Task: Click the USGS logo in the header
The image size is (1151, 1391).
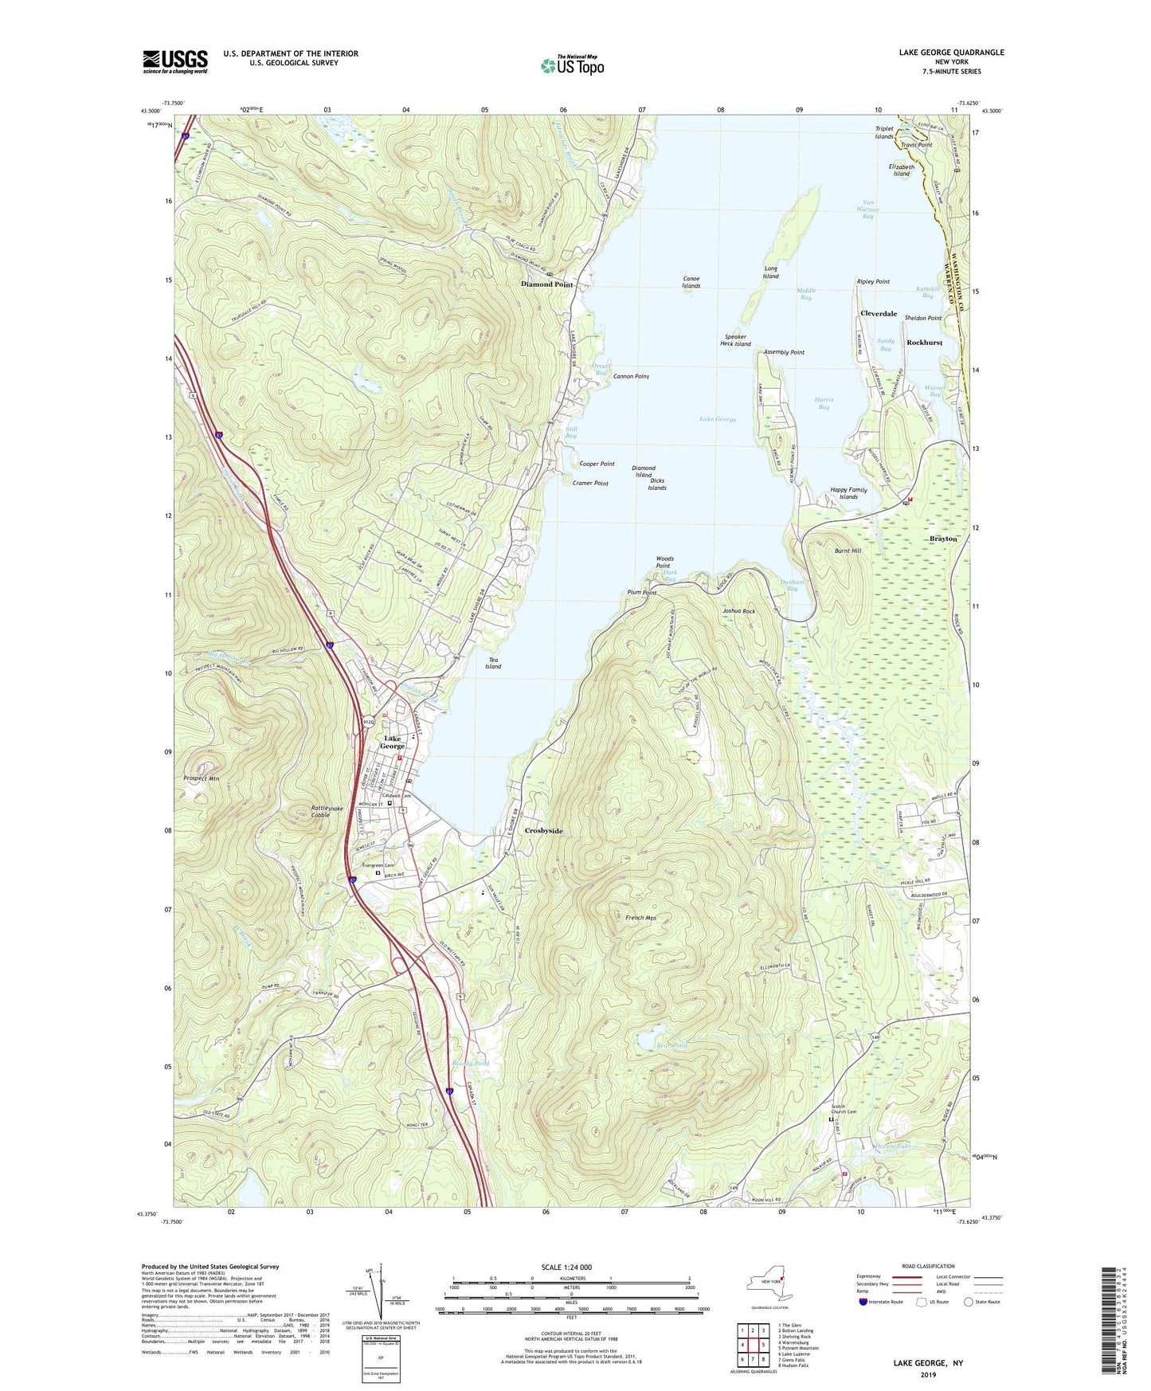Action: pyautogui.click(x=175, y=61)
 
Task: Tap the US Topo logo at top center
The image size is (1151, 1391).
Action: pyautogui.click(x=571, y=65)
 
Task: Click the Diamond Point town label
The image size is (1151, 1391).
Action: pyautogui.click(x=546, y=284)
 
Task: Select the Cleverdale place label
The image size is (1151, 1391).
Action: pyautogui.click(x=879, y=314)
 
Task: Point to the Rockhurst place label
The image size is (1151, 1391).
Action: pyautogui.click(x=924, y=343)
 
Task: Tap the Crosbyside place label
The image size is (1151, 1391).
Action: pyautogui.click(x=543, y=831)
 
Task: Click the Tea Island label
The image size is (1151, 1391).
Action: pyautogui.click(x=493, y=663)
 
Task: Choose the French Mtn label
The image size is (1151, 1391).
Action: pyautogui.click(x=640, y=918)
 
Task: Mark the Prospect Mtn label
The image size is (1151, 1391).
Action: pyautogui.click(x=201, y=778)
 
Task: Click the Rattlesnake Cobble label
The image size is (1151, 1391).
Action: pyautogui.click(x=327, y=811)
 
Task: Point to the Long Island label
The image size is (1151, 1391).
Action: pyautogui.click(x=770, y=272)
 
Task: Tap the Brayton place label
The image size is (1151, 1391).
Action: pyautogui.click(x=943, y=539)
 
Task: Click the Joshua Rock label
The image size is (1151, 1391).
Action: pyautogui.click(x=738, y=611)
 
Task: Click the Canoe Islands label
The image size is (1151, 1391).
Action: pyautogui.click(x=691, y=282)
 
